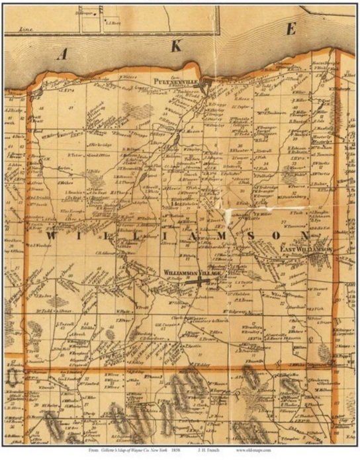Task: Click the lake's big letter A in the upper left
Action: click(63, 57)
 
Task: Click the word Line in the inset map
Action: click(26, 29)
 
